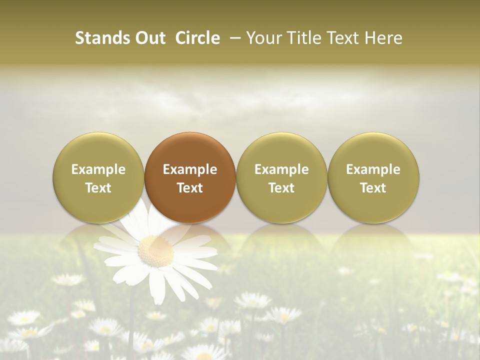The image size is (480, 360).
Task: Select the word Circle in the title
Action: [x=197, y=38]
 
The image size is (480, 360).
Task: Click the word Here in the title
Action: [x=383, y=38]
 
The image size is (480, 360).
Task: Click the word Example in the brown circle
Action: [x=190, y=169]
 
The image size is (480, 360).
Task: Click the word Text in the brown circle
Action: [x=190, y=188]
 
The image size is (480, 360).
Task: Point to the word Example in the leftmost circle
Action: [x=98, y=169]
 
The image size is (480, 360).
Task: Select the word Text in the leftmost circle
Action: [x=98, y=188]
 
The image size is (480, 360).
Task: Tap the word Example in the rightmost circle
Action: [x=373, y=169]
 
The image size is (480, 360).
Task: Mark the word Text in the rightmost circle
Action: [x=373, y=188]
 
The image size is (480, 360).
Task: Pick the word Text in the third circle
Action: [x=281, y=188]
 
